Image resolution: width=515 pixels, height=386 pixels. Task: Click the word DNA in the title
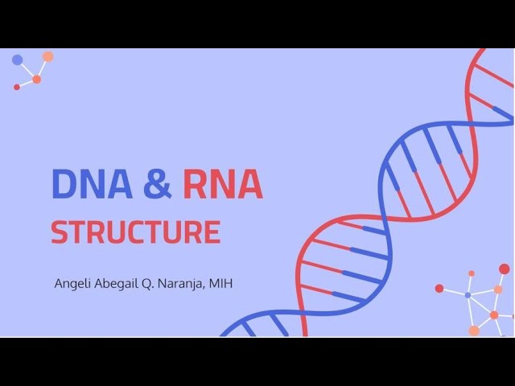coord(93,184)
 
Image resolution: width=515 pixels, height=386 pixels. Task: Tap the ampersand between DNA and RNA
coord(158,184)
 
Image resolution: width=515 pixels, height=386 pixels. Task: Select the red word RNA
coord(223,184)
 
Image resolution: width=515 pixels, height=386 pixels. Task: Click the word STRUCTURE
coord(136,232)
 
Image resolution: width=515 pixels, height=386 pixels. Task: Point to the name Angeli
coord(72,284)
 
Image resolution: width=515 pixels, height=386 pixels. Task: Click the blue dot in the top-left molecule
coord(18,60)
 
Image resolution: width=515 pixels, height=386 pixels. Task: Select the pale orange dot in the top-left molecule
coord(48,56)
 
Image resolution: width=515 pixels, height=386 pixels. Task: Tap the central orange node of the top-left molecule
coord(36,79)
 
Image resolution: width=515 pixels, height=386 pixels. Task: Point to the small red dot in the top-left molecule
coord(17,87)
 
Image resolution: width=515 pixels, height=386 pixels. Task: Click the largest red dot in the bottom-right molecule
coord(505,269)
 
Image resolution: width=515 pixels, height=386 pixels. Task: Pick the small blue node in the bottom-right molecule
coord(468,295)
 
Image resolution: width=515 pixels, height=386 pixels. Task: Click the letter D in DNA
coord(64,184)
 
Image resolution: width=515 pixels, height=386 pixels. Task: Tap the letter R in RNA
coord(196,184)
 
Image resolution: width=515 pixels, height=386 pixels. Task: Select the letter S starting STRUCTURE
coord(59,232)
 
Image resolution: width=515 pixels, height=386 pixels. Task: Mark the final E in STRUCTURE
coord(212,232)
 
